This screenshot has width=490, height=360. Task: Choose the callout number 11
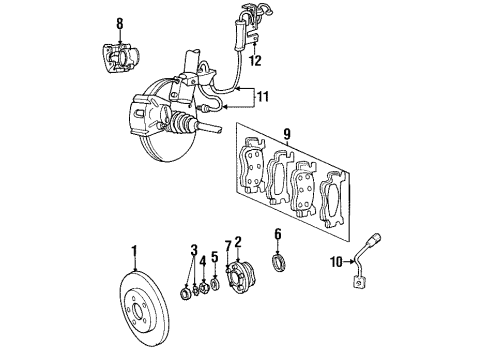tap(263, 96)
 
